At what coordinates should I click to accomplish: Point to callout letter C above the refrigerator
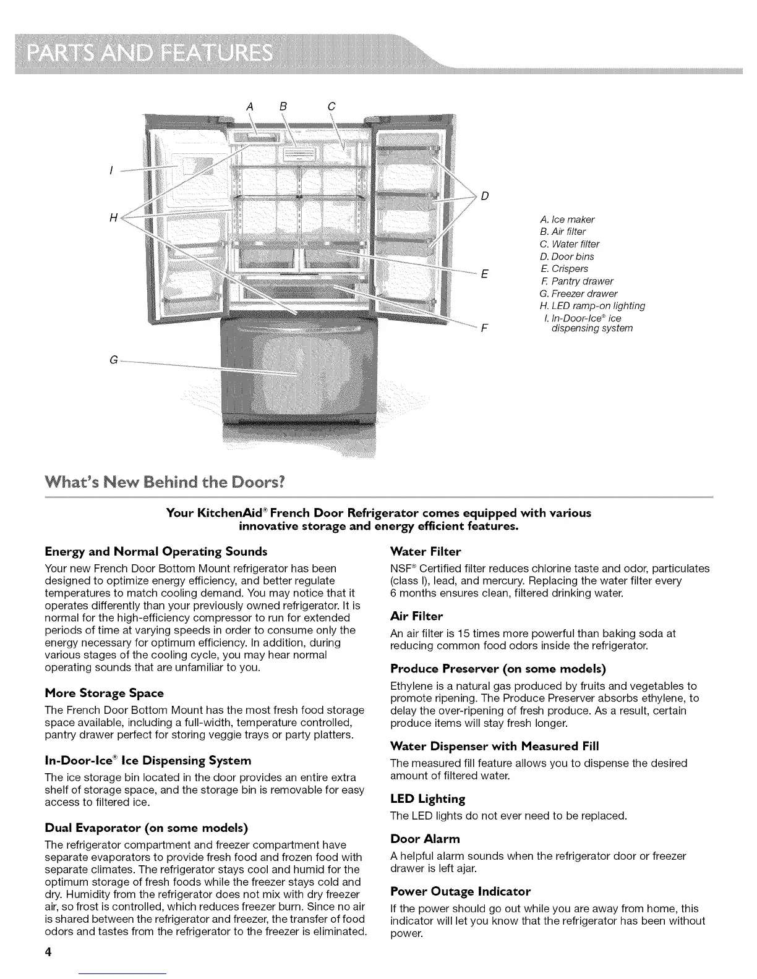[x=331, y=106]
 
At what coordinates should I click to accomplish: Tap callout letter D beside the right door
[x=484, y=197]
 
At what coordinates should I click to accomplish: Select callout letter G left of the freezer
[x=113, y=360]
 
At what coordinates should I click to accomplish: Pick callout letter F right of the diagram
[x=484, y=328]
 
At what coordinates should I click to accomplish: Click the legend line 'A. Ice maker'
[x=567, y=219]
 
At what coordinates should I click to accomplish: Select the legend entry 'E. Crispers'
[x=563, y=269]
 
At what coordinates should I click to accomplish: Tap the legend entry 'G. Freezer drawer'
[x=578, y=294]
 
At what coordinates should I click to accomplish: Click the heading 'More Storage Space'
[x=105, y=693]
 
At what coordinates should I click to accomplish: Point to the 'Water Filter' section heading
[x=426, y=551]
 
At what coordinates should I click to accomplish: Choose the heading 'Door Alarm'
[x=426, y=839]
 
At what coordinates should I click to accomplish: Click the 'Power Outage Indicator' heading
[x=460, y=891]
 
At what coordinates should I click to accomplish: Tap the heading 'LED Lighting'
[x=427, y=799]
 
